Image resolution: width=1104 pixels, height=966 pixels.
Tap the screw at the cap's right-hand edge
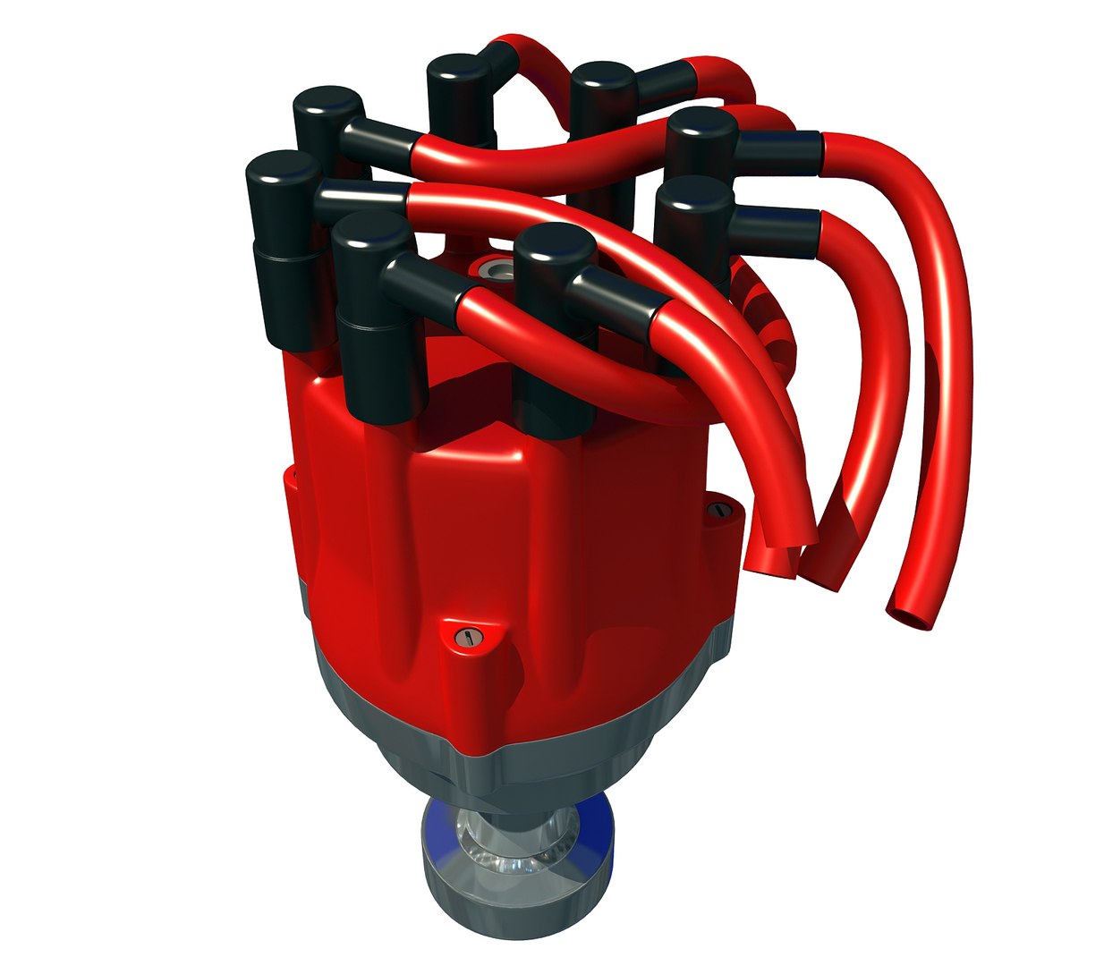tap(720, 511)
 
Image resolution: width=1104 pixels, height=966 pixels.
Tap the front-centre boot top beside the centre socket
tap(555, 246)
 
